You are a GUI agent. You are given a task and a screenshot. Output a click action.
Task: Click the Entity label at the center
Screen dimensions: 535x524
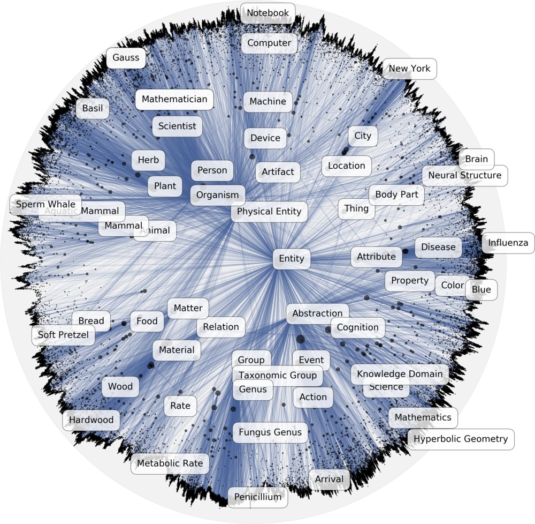(292, 259)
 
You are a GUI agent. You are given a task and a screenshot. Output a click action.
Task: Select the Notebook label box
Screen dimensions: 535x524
(267, 13)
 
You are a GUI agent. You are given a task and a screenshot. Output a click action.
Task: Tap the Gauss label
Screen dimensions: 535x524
(126, 58)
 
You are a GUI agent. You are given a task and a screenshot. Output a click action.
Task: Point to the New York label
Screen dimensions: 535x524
(410, 69)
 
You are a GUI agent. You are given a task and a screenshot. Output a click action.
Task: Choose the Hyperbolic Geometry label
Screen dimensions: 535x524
(461, 439)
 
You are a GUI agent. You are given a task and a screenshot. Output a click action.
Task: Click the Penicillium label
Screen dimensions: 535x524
(257, 497)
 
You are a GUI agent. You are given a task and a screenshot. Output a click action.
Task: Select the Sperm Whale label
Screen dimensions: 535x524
(45, 205)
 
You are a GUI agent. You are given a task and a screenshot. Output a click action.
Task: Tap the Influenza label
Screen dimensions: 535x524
(508, 243)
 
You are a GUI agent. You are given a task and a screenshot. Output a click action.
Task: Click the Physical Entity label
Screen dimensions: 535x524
(269, 212)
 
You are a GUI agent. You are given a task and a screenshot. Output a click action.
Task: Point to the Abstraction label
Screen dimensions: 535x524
(318, 313)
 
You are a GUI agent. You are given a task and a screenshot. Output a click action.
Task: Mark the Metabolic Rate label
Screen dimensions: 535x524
(170, 463)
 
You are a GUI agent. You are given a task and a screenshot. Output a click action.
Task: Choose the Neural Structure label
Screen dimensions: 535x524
(465, 175)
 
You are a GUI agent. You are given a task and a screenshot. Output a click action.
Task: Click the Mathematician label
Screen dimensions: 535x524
(174, 99)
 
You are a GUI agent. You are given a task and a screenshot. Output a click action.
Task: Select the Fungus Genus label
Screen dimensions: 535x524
(270, 432)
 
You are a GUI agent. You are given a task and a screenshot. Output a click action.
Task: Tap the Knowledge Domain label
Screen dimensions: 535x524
(400, 374)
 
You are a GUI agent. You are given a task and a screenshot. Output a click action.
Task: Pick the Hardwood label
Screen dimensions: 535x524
(91, 420)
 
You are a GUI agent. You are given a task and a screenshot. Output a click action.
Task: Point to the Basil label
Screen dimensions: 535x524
(93, 108)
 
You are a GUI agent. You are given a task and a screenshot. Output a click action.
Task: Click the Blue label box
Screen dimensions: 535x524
(481, 290)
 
